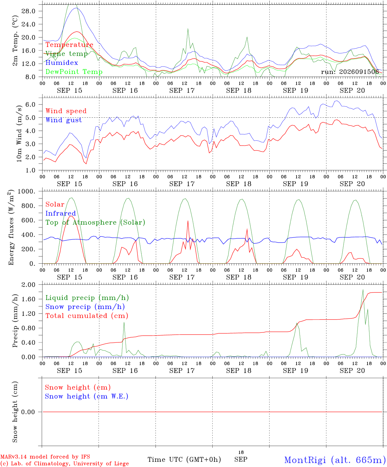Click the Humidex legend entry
[x=62, y=63]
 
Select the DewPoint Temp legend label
[x=74, y=72]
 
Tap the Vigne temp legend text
[x=67, y=54]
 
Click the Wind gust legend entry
[x=64, y=120]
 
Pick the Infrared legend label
[x=61, y=213]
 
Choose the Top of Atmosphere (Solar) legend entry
[x=96, y=222]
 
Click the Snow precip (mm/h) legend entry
[x=85, y=307]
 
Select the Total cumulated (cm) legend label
[x=87, y=316]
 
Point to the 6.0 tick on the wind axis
[x=30, y=104]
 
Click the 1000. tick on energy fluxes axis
[x=27, y=191]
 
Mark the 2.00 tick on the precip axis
[x=29, y=285]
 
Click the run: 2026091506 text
[x=350, y=72]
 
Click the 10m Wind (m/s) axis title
[x=19, y=134]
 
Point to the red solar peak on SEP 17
[x=188, y=221]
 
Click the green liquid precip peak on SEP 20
[x=363, y=290]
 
